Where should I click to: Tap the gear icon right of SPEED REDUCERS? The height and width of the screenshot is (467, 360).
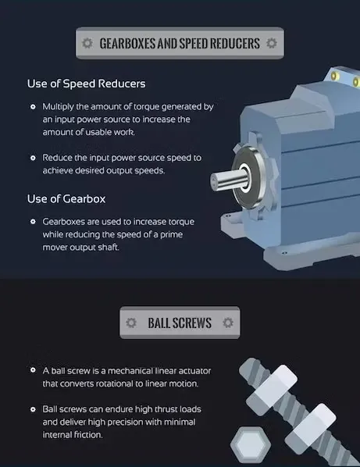pyautogui.click(x=271, y=43)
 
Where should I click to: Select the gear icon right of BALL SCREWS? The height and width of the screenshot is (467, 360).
pyautogui.click(x=227, y=322)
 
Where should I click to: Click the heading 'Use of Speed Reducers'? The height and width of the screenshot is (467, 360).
pyautogui.click(x=86, y=84)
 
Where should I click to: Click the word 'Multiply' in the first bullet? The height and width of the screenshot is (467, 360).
pyautogui.click(x=59, y=106)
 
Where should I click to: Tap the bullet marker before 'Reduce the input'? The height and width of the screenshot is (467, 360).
pyautogui.click(x=33, y=157)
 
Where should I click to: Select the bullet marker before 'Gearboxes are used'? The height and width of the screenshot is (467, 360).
pyautogui.click(x=33, y=222)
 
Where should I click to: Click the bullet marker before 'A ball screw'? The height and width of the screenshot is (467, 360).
pyautogui.click(x=33, y=369)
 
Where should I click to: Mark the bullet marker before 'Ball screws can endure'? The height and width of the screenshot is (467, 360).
pyautogui.click(x=33, y=409)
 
